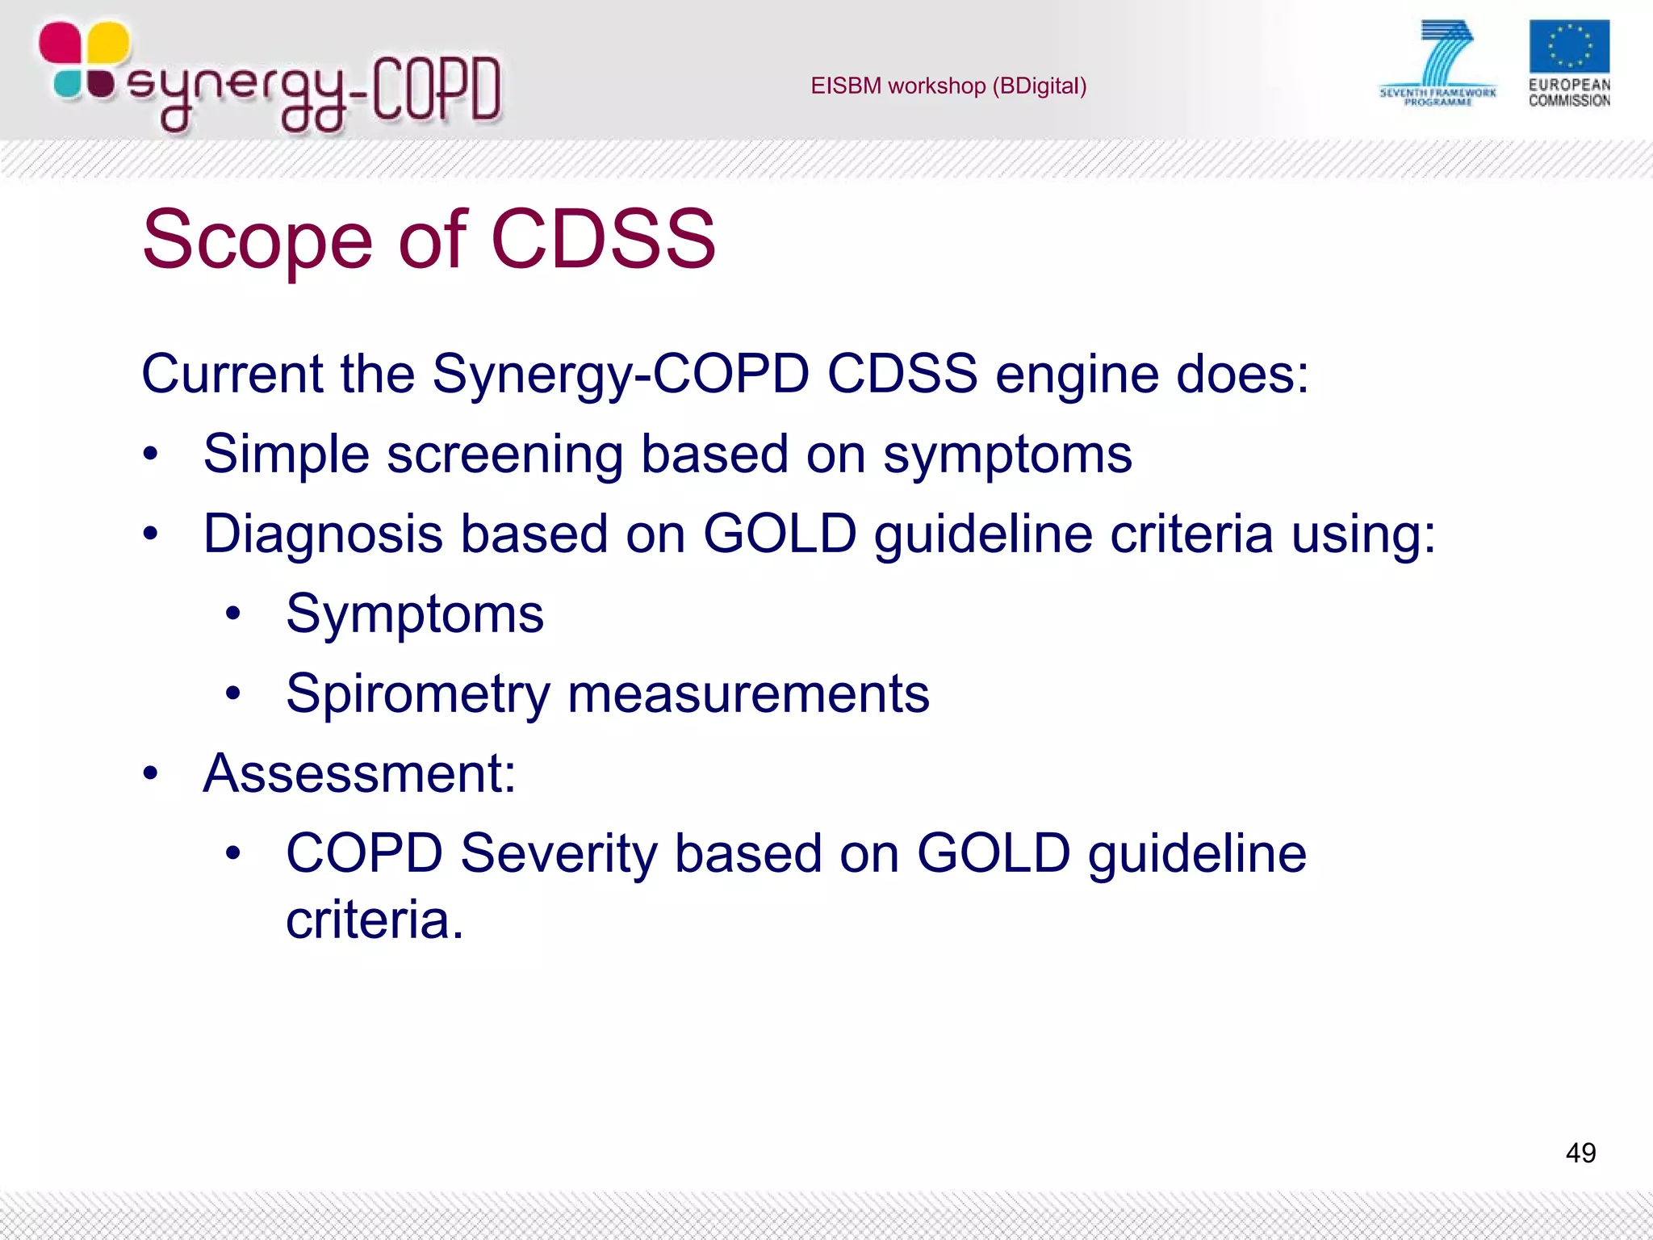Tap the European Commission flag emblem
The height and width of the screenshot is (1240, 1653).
click(1568, 46)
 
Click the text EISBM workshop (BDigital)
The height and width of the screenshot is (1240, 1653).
click(948, 86)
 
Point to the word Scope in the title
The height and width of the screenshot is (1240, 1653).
click(257, 240)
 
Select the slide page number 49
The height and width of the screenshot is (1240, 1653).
click(1580, 1152)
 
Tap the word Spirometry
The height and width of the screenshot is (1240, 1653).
click(417, 694)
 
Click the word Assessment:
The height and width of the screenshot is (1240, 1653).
click(359, 773)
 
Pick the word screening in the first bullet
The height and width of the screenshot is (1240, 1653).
click(504, 455)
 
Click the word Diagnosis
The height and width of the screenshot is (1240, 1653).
click(323, 534)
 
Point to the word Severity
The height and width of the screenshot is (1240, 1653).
click(559, 853)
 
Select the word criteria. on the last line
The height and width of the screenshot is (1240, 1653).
click(375, 920)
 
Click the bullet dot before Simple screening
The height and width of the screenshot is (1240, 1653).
click(150, 455)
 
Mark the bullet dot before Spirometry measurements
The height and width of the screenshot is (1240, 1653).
click(233, 693)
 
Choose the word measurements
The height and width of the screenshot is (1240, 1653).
click(748, 694)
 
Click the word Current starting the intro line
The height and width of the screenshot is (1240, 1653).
click(232, 374)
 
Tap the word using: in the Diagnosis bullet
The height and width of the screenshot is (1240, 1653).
click(1364, 534)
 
